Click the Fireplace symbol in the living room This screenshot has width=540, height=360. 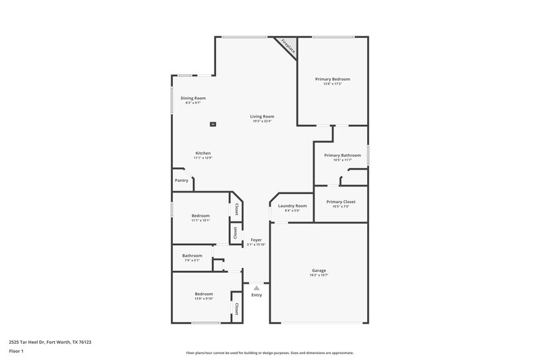[x=288, y=46]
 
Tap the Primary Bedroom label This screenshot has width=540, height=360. [x=332, y=79]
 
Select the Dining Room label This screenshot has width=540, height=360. [x=193, y=98]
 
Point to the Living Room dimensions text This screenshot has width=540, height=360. [x=263, y=121]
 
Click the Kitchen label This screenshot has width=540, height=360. [x=203, y=152]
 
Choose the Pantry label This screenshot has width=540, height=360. [x=182, y=180]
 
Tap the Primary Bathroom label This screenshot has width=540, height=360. [x=342, y=155]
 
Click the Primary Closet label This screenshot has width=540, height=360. [x=340, y=201]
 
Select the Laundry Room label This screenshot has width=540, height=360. [x=292, y=205]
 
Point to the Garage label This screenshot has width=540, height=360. [x=319, y=270]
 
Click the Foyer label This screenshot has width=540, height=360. [x=256, y=240]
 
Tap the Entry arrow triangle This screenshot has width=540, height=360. [x=256, y=287]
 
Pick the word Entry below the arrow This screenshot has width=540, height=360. [x=256, y=295]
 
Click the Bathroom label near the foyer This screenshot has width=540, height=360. [x=192, y=255]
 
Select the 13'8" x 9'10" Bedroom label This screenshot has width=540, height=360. [x=204, y=294]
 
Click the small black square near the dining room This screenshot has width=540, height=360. [x=213, y=124]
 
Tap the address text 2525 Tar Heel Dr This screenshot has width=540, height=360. [x=51, y=342]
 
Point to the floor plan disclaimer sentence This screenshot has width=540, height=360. [x=269, y=353]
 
